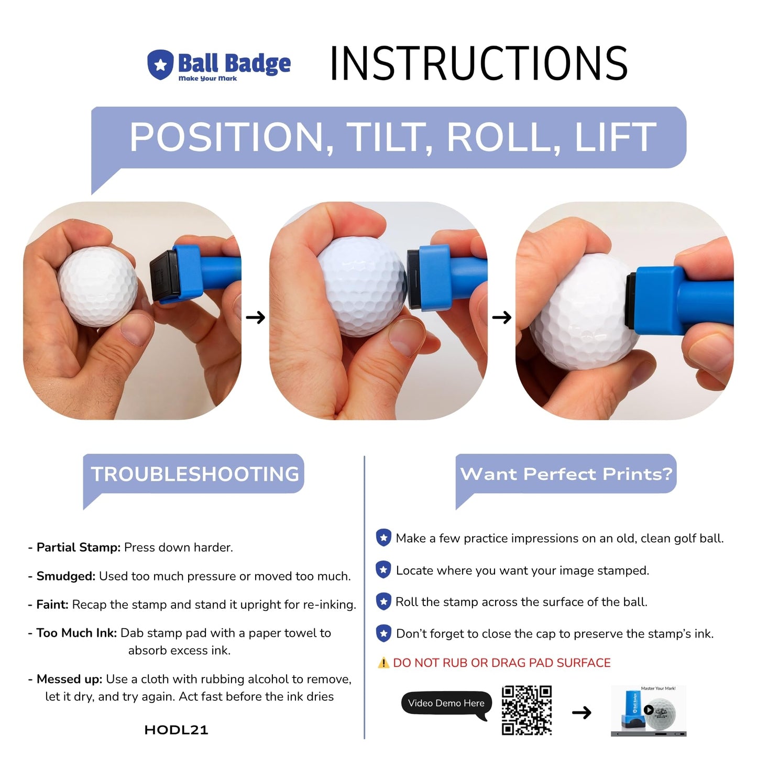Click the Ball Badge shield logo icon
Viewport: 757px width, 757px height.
click(x=160, y=65)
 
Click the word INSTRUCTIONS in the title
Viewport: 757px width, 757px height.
click(x=478, y=64)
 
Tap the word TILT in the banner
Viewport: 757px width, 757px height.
click(x=390, y=137)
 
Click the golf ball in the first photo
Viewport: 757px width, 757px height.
click(x=98, y=287)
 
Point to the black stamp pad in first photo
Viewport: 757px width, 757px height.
click(x=163, y=276)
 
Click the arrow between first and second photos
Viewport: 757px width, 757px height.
click(x=256, y=317)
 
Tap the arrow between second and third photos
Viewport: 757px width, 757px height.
click(x=502, y=317)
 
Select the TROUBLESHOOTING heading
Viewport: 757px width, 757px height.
click(x=195, y=474)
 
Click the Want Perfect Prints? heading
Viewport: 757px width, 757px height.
click(x=566, y=474)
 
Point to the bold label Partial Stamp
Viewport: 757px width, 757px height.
click(x=79, y=547)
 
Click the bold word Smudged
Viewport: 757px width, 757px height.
click(x=66, y=576)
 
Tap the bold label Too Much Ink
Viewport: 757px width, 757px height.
click(x=76, y=633)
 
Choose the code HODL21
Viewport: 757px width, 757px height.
click(x=176, y=730)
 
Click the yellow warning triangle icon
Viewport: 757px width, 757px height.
click(x=383, y=663)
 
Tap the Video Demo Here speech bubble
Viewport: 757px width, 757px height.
click(x=446, y=704)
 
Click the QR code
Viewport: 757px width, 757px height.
click(x=526, y=710)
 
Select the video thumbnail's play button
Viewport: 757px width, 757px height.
click(x=649, y=710)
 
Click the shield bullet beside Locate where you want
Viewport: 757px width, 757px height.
click(x=383, y=570)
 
